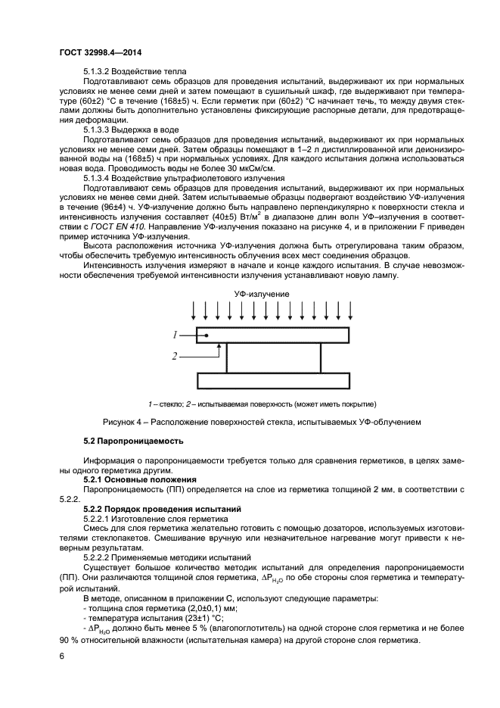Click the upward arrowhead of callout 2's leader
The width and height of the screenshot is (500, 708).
(x=219, y=346)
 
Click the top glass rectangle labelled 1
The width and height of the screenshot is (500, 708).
(x=272, y=335)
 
